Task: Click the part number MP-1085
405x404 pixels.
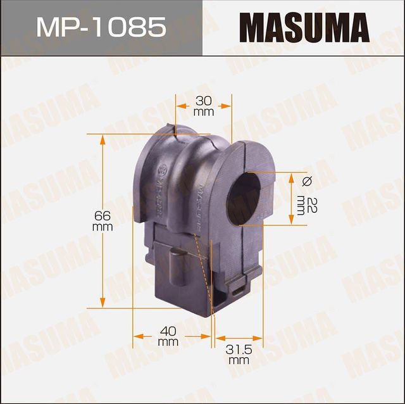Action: pos(101,27)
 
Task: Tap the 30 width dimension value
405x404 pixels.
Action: pos(203,100)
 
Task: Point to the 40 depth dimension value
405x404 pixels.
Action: pos(168,330)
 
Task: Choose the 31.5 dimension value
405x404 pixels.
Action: pos(238,350)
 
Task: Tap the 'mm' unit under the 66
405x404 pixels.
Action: pos(102,226)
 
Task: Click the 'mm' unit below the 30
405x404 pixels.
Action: pos(203,111)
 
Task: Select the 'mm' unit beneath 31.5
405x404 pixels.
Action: pos(238,361)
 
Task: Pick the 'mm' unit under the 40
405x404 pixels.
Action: pos(168,341)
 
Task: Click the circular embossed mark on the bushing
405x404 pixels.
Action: pos(160,170)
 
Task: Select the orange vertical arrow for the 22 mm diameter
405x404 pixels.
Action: pos(291,198)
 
